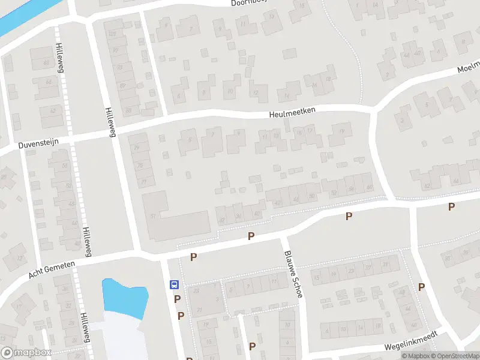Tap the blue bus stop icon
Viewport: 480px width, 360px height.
pos(174,284)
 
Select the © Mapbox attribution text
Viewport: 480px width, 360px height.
pos(415,356)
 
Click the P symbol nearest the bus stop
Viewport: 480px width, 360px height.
pos(178,299)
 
